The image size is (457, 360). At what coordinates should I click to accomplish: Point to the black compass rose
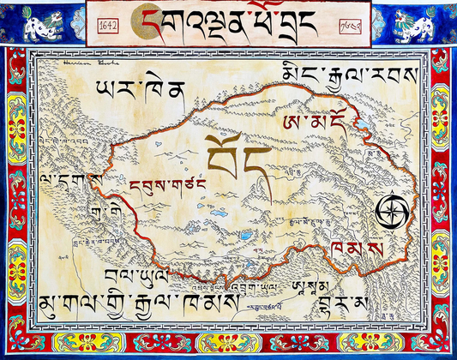pos(391,209)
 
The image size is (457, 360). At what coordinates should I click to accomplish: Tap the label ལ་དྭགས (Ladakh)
pos(71,181)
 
